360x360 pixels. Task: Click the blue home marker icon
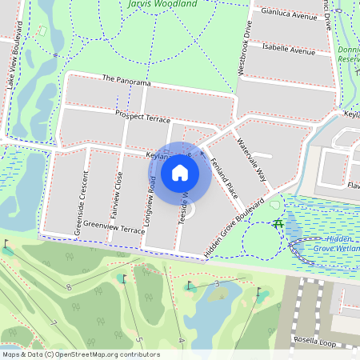180,172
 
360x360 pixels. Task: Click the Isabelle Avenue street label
290,50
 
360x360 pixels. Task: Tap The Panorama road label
126,82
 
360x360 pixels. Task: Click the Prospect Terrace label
143,116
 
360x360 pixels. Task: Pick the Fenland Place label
224,178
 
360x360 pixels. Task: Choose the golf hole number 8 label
69,287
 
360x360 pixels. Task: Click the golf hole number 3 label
217,283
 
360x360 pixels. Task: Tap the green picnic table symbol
277,223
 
